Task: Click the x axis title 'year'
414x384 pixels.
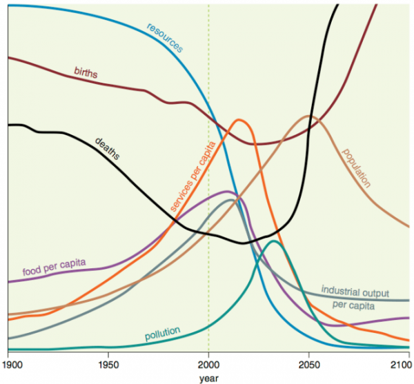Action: tap(208, 377)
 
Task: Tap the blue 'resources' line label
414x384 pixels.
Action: tap(165, 38)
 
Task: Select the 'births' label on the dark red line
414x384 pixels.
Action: tap(86, 72)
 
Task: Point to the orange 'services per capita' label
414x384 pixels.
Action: tap(194, 176)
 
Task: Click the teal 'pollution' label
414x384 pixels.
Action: tap(162, 334)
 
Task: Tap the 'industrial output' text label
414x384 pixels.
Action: tap(356, 293)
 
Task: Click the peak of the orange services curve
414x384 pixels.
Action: tap(240, 120)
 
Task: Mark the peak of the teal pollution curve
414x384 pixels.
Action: tap(275, 241)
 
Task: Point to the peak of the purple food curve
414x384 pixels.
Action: tap(228, 192)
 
